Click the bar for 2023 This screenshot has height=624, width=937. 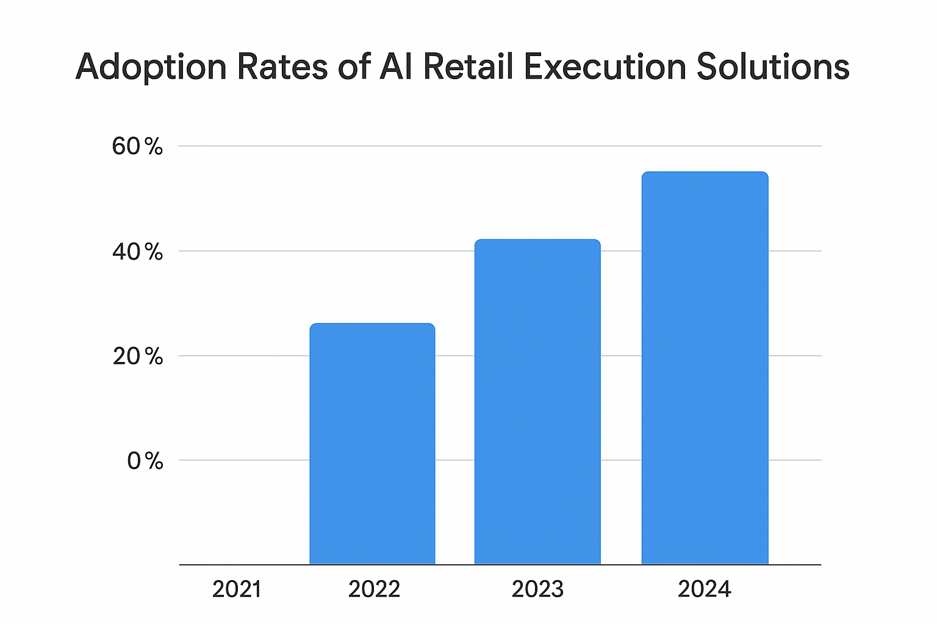537,402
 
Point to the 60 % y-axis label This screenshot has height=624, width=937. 138,147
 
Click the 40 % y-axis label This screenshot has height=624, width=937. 138,252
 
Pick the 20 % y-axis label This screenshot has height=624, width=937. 138,356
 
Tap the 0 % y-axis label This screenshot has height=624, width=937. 145,461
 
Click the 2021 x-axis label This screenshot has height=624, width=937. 237,589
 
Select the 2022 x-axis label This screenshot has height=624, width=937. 374,589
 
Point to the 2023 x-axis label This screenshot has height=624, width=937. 537,589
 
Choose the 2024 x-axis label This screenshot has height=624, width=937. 705,589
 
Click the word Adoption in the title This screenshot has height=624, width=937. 151,67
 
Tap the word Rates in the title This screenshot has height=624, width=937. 282,67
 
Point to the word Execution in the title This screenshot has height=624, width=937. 605,67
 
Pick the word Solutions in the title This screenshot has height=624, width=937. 773,67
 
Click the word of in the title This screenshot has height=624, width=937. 354,67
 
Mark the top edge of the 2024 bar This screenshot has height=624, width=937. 705,172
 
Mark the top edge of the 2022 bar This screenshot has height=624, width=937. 372,324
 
